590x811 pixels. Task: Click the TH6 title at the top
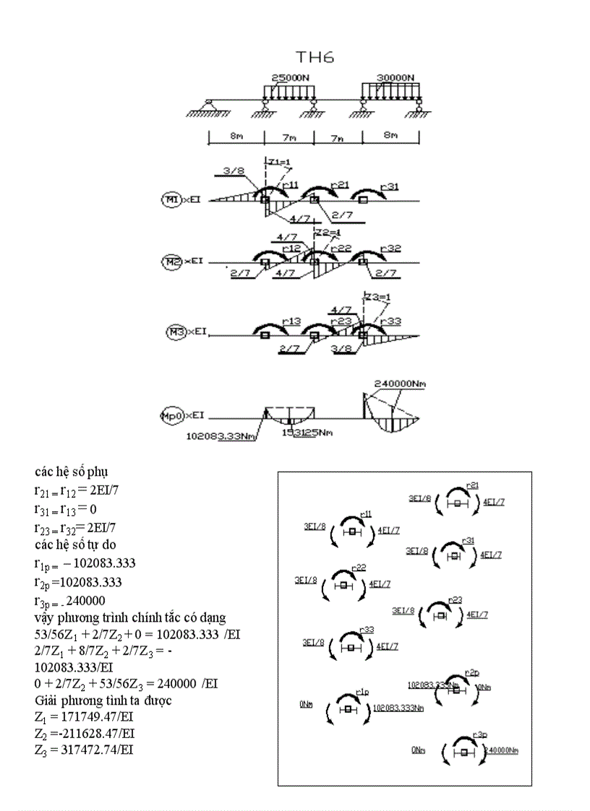(x=315, y=58)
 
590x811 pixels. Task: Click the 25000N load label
(x=291, y=77)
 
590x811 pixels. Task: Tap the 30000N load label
(x=395, y=77)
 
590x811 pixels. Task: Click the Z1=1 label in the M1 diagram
(x=277, y=160)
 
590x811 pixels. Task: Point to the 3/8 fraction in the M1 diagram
(x=233, y=171)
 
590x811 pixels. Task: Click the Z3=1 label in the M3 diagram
(x=376, y=296)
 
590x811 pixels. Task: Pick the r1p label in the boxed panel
(x=362, y=692)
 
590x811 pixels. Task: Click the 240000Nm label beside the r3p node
(x=501, y=750)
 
